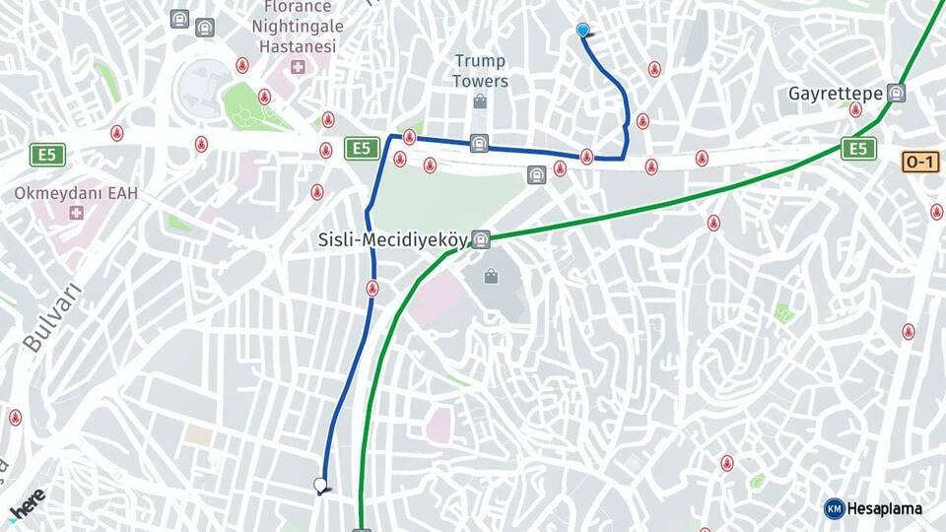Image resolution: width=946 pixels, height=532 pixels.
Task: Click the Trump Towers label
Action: pos(480,71)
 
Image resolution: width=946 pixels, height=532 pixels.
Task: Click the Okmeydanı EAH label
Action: pos(76,193)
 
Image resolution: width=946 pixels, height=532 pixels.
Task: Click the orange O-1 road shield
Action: pos(919,162)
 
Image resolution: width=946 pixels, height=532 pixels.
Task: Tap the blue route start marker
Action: pos(583,31)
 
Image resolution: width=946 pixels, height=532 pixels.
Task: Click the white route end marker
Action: pos(319,485)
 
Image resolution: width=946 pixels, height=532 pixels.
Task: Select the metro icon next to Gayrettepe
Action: pos(896,94)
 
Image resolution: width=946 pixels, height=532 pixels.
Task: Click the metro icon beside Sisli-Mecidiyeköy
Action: pos(480,239)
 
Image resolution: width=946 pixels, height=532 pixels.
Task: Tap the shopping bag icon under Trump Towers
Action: pos(480,100)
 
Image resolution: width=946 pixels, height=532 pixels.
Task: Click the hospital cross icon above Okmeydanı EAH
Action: pos(76,213)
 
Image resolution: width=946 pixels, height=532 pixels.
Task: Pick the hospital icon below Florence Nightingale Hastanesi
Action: pos(298,67)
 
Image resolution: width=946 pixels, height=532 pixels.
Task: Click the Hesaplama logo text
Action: pos(884,508)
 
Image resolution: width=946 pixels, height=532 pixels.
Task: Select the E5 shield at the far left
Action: pos(47,154)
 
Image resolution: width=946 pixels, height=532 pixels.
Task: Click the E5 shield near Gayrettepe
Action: pos(858,149)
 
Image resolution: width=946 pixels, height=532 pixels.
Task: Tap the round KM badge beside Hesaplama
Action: pos(834,508)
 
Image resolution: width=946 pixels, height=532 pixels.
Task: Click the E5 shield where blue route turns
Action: pos(362,149)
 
